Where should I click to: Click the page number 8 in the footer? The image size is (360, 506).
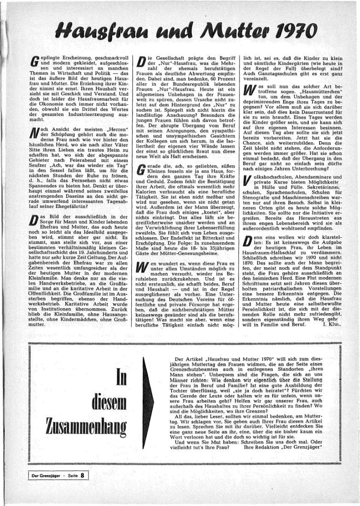pos(82,476)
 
